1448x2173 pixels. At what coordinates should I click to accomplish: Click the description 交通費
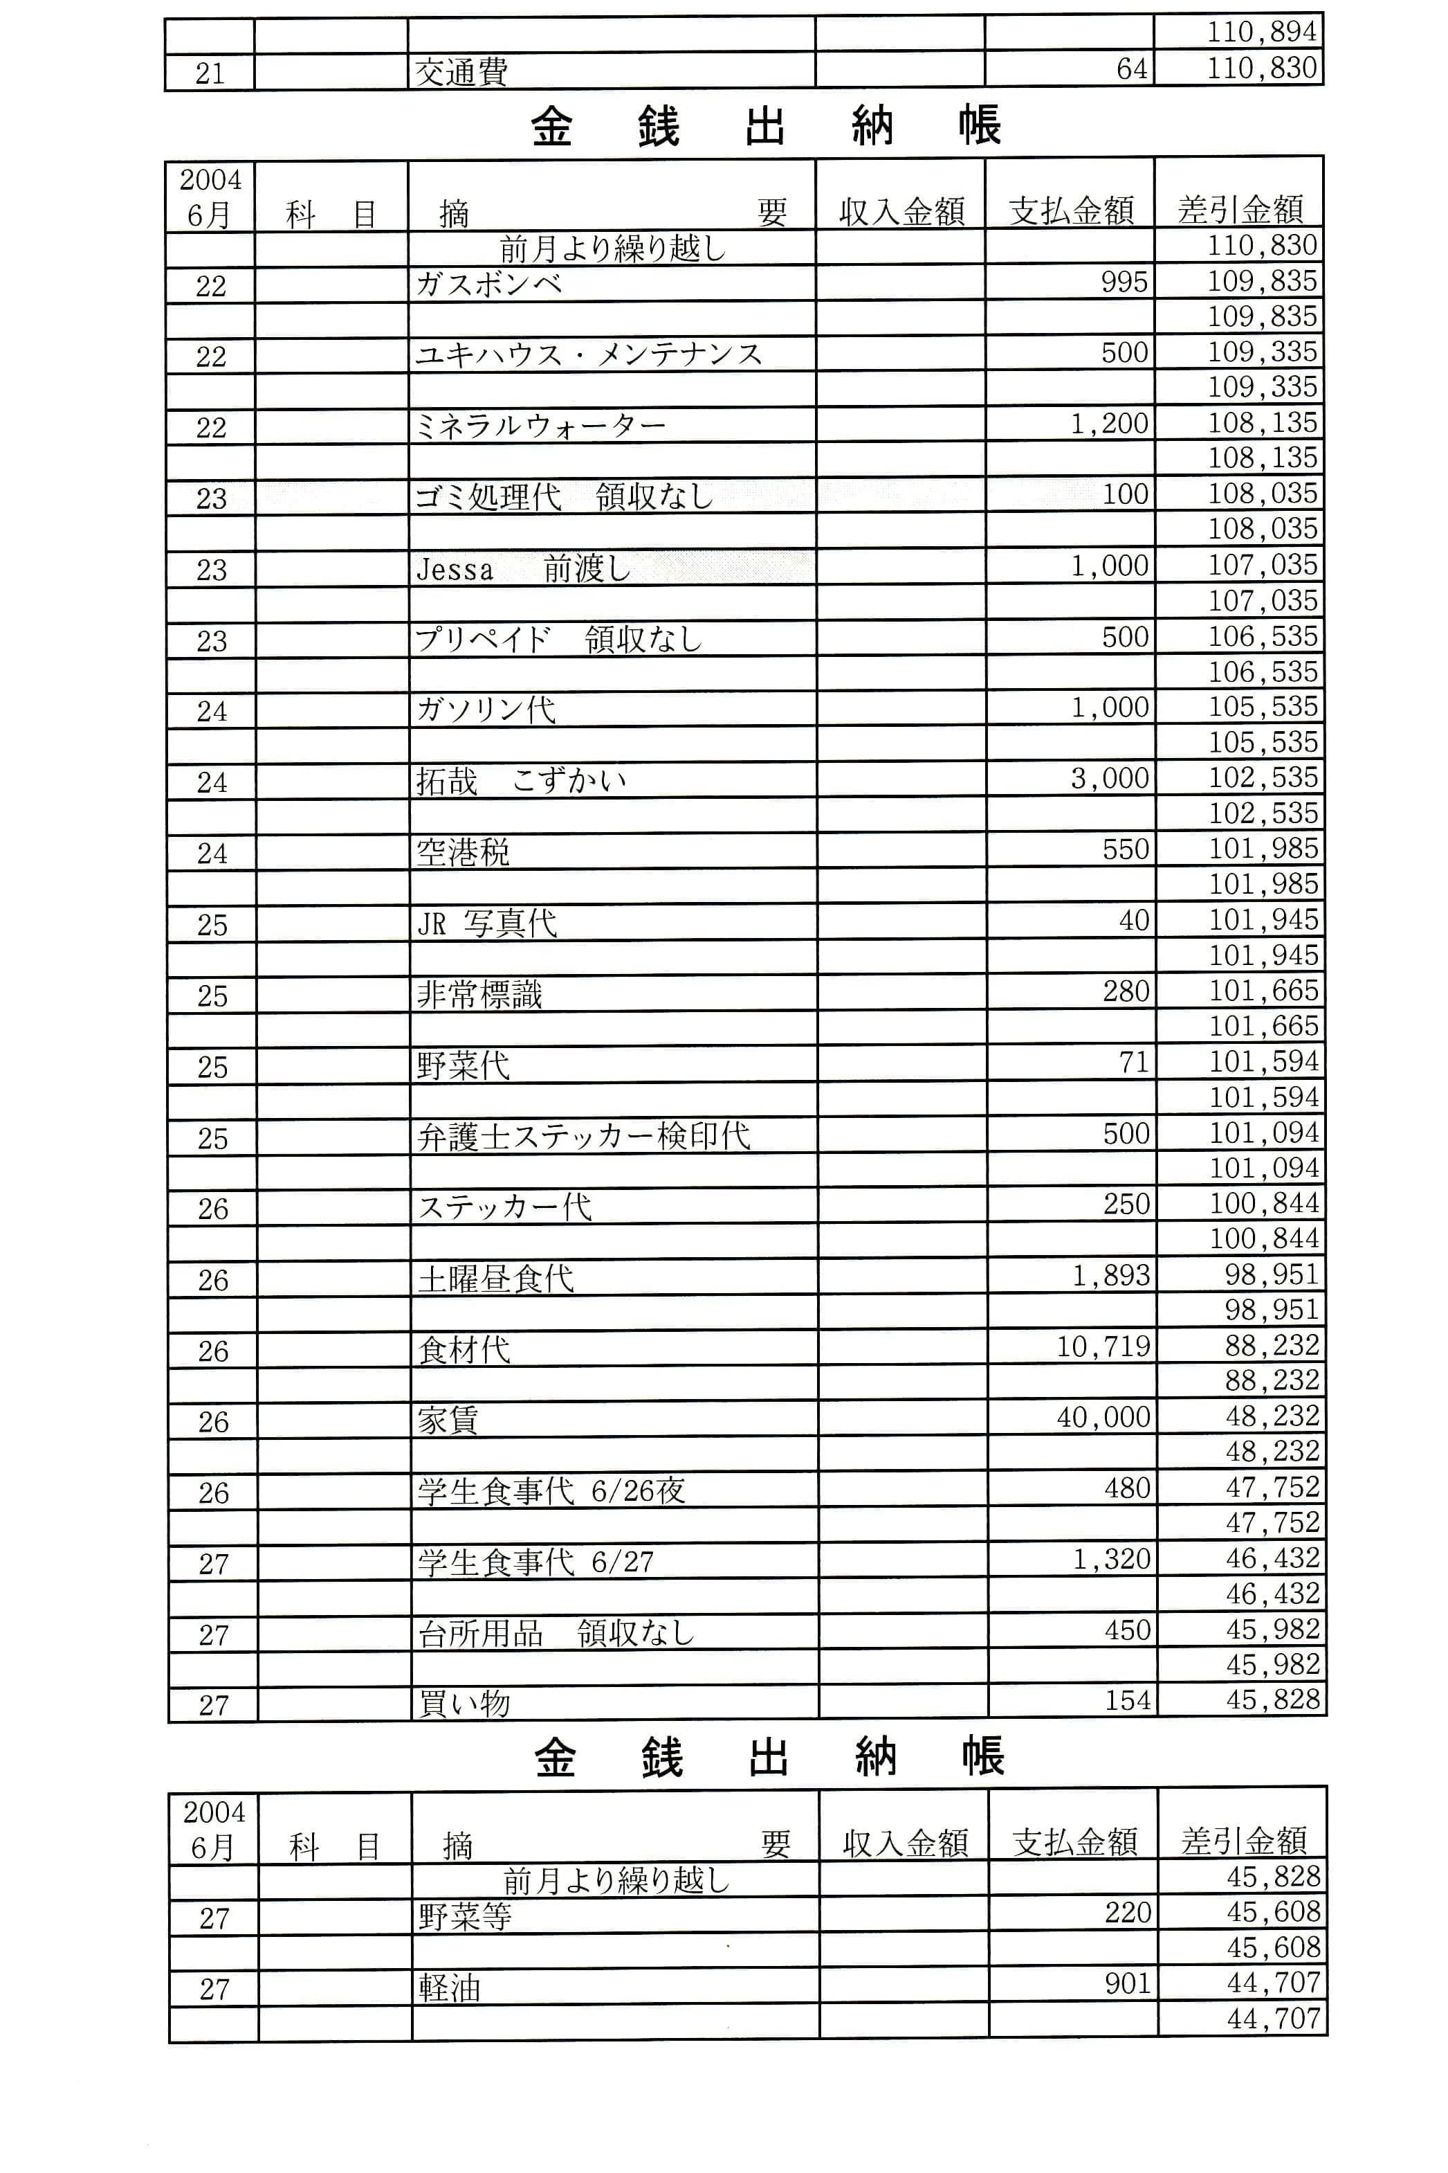461,71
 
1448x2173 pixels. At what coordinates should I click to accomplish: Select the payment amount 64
1131,69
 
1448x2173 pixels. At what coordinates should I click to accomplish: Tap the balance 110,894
1261,33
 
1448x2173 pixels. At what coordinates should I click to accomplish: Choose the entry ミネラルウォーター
540,426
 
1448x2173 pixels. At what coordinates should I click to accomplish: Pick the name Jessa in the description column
455,569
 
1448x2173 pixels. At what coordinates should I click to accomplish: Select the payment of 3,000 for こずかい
1110,779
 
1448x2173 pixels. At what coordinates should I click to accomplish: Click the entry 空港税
463,852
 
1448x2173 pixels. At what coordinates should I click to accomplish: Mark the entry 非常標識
479,995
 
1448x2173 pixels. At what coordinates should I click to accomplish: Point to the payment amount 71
1134,1063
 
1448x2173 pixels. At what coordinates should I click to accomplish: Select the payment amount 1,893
1111,1276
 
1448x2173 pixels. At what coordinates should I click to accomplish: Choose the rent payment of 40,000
1103,1417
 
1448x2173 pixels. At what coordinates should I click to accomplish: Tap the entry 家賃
448,1420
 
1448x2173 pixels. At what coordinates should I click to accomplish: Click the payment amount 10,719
1103,1347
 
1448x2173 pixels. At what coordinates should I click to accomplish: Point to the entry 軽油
450,1988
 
